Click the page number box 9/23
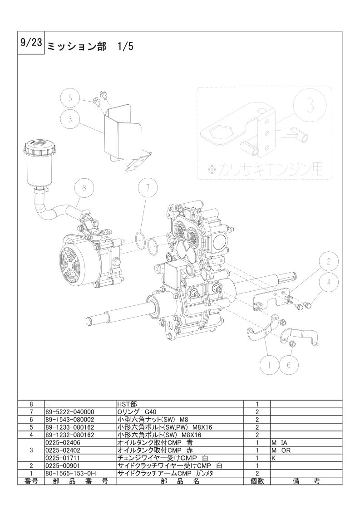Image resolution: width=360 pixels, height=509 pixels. pyautogui.click(x=30, y=44)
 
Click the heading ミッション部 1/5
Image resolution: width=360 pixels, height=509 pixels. pyautogui.click(x=90, y=47)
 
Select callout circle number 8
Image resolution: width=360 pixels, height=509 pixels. pyautogui.click(x=84, y=188)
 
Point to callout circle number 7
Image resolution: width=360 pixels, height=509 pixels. pyautogui.click(x=148, y=188)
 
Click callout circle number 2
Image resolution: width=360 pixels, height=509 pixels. pyautogui.click(x=329, y=262)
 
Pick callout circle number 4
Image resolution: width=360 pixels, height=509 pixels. pyautogui.click(x=329, y=282)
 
